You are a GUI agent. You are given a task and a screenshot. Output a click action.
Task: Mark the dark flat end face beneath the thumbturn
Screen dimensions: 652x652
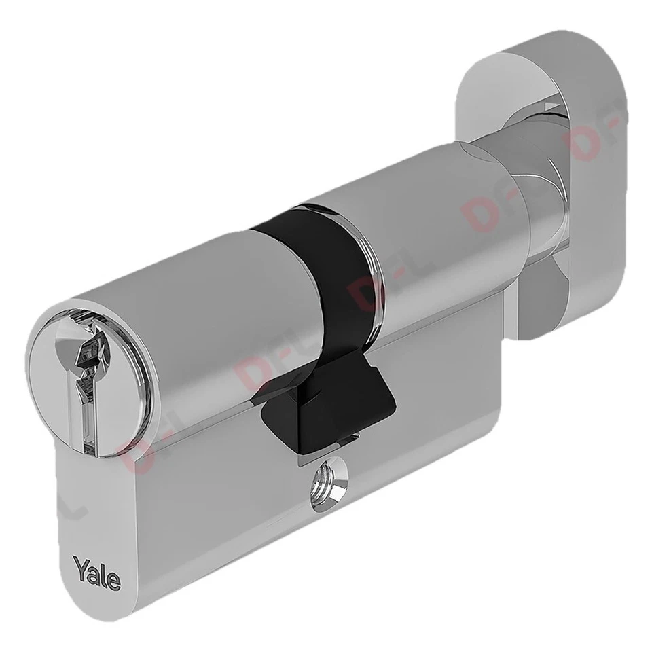543,299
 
